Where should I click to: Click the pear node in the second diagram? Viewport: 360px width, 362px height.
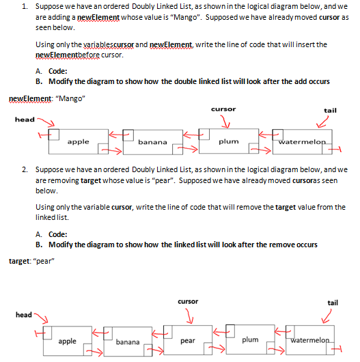click(x=188, y=339)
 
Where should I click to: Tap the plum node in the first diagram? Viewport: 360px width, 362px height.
click(x=227, y=141)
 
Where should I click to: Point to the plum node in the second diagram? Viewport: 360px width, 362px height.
click(x=250, y=339)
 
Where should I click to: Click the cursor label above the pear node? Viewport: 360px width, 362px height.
click(x=188, y=301)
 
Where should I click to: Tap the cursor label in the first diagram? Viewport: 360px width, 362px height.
click(x=224, y=109)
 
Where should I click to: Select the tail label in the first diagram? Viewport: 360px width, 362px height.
click(x=330, y=109)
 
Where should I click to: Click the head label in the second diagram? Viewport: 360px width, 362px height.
click(x=24, y=314)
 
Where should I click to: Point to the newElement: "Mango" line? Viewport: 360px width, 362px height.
click(x=46, y=98)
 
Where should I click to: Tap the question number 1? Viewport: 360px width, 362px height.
click(x=24, y=6)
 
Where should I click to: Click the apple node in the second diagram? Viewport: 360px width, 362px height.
click(x=67, y=339)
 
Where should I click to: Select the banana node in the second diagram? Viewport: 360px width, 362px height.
click(x=126, y=340)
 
